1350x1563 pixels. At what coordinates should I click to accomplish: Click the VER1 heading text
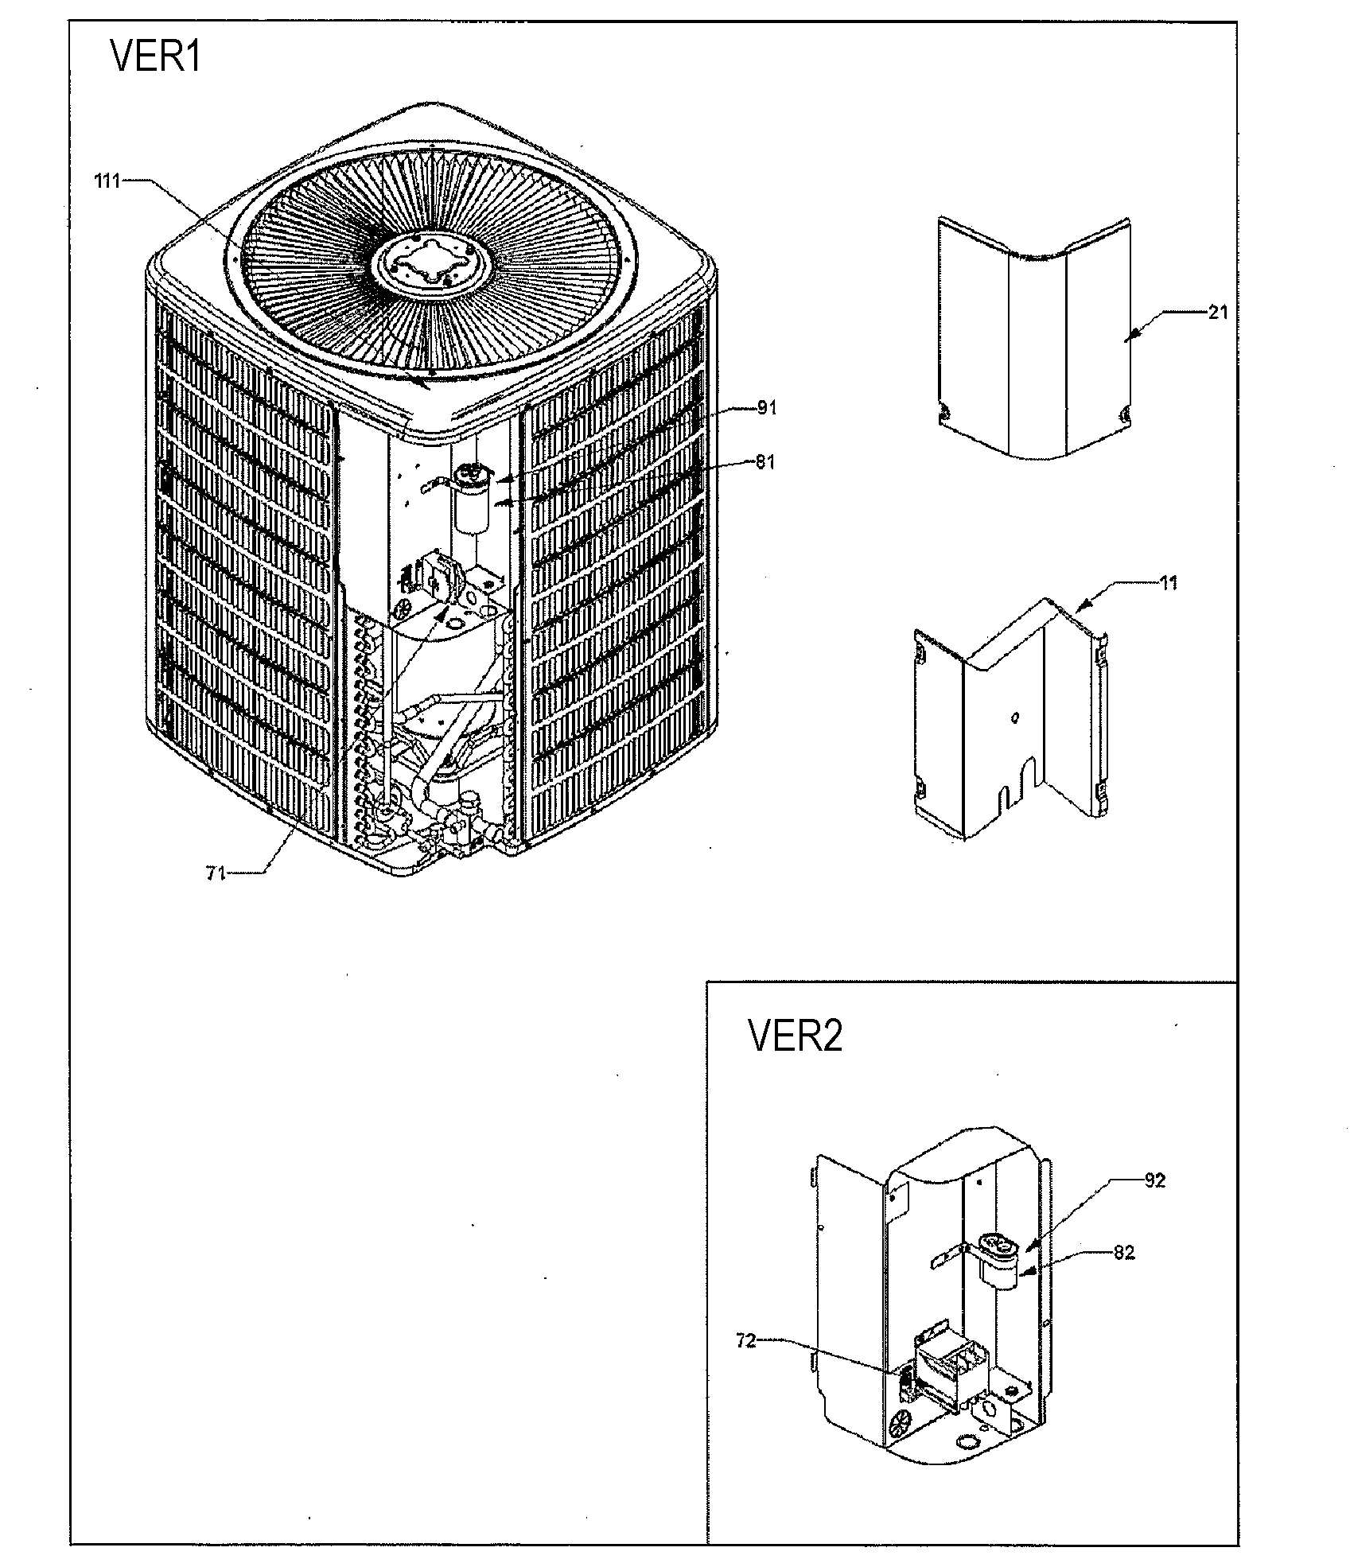click(156, 58)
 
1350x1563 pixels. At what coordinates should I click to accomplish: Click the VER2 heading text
click(795, 1036)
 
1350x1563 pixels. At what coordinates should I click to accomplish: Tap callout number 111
click(107, 181)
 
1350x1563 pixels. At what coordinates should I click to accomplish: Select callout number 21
click(1218, 313)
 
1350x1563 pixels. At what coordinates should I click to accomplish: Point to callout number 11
click(1169, 583)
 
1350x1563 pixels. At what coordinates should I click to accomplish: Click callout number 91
click(766, 408)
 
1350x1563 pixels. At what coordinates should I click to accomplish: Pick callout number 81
click(765, 462)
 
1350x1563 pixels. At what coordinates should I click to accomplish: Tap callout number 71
click(216, 873)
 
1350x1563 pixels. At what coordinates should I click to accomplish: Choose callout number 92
click(1154, 1180)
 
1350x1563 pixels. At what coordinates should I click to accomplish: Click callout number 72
click(745, 1341)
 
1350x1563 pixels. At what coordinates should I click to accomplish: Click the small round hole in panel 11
click(1015, 717)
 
